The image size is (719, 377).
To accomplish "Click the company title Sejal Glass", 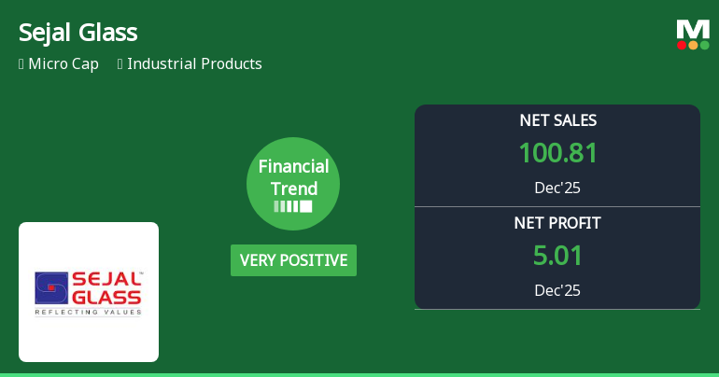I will coord(78,33).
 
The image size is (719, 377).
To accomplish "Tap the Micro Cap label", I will coord(63,64).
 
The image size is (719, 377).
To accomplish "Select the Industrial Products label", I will coord(194,64).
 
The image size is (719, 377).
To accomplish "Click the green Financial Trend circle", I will coord(293,183).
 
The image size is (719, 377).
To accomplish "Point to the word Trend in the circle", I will coord(293,188).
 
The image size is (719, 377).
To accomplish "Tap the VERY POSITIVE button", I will coord(293,260).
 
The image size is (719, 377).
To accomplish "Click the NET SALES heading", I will coord(557,120).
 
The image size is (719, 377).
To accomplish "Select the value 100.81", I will coord(557,153).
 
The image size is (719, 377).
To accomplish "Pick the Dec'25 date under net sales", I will coord(557,188).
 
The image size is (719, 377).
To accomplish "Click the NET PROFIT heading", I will coord(557,223).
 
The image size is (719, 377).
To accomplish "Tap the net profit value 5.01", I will coord(557,256).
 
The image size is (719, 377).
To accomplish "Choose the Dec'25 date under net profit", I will coord(557,290).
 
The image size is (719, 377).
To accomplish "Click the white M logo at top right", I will coord(693,29).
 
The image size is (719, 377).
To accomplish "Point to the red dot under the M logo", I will coord(683,45).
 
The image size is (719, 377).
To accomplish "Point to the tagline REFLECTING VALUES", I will coord(88,313).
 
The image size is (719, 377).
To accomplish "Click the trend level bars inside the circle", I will coord(293,207).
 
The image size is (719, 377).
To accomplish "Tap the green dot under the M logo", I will coord(704,45).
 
